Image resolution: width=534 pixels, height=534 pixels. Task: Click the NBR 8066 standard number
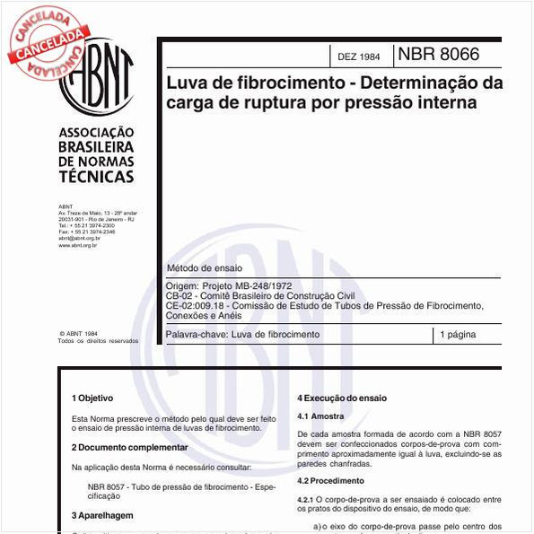click(x=438, y=55)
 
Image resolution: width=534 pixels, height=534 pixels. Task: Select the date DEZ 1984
click(x=358, y=57)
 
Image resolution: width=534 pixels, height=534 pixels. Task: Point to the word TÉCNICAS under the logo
click(x=95, y=177)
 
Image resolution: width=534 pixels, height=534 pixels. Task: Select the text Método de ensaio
click(x=203, y=268)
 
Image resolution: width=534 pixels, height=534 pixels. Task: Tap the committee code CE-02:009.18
click(x=197, y=305)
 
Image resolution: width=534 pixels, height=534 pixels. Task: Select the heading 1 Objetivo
click(x=92, y=397)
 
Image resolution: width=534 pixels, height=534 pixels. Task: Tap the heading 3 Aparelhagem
click(x=102, y=516)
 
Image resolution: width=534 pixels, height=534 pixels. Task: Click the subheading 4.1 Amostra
click(x=320, y=416)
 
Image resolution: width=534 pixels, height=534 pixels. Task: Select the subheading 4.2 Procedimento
click(x=330, y=481)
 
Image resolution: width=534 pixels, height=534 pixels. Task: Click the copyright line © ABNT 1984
click(x=78, y=333)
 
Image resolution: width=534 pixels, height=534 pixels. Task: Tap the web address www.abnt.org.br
click(x=77, y=244)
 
